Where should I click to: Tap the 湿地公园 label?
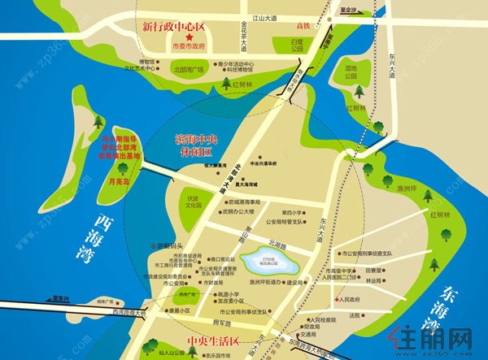click(351, 72)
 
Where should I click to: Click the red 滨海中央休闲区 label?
click(203, 145)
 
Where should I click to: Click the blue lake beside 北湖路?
click(273, 260)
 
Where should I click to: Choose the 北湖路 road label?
click(279, 244)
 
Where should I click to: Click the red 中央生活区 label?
click(207, 332)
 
